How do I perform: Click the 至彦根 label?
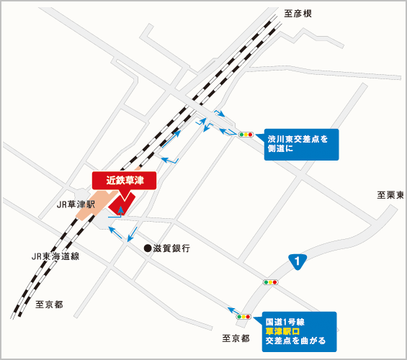[x=298, y=14]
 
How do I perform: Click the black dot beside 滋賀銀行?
[x=148, y=248]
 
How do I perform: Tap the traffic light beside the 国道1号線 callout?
[x=245, y=316]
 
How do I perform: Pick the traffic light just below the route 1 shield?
[x=271, y=282]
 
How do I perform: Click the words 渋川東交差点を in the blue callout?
[x=298, y=137]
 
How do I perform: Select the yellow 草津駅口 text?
[x=285, y=330]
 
